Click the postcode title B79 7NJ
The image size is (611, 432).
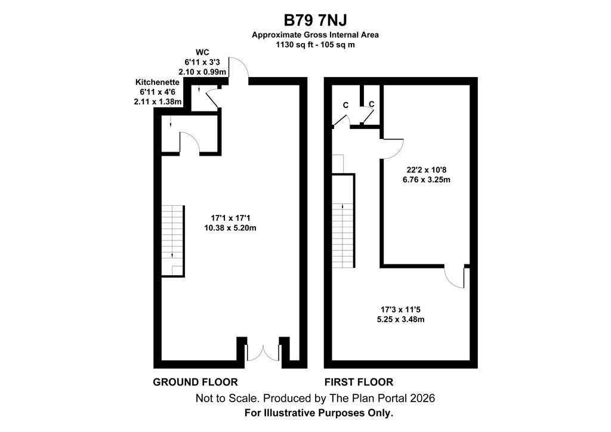[315, 20]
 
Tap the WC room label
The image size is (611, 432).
[202, 53]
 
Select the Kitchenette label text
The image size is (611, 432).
[158, 82]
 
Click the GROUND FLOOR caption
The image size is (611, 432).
[195, 382]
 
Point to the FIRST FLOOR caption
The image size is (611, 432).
[359, 382]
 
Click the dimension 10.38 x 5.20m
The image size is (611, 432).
[230, 228]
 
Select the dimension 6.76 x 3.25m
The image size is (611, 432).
[427, 180]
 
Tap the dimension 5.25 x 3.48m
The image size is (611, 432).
[400, 319]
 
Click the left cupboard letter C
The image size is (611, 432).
[345, 105]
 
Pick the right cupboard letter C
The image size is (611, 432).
[371, 104]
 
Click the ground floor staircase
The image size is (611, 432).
[172, 240]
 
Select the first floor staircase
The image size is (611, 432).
[343, 221]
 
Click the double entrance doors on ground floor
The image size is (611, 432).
[263, 353]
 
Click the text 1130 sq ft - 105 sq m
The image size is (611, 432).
[315, 44]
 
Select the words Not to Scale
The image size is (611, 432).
[227, 398]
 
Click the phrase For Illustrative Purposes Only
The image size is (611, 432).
[319, 413]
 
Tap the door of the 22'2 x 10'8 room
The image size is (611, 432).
[392, 149]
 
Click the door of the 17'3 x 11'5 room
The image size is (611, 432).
[455, 277]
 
